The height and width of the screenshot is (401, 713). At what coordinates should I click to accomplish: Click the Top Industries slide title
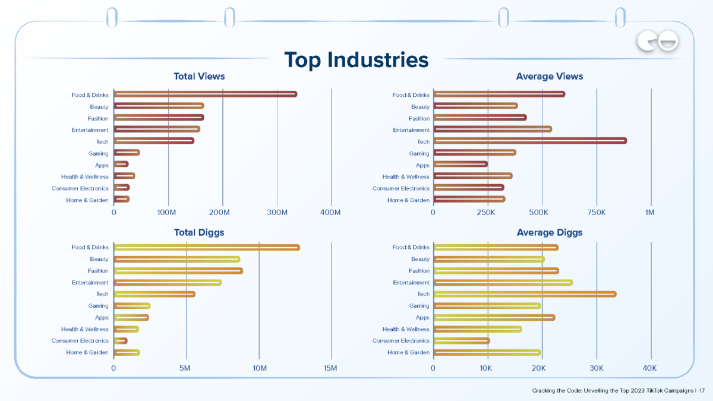click(356, 60)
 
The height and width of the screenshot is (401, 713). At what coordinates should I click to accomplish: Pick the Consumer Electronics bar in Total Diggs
click(121, 340)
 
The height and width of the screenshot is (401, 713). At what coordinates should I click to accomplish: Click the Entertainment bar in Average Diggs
click(503, 282)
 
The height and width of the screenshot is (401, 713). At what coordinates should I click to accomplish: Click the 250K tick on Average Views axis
click(487, 213)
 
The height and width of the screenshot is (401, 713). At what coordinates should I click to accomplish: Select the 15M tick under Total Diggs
click(330, 368)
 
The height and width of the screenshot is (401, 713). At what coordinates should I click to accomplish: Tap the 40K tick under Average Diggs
click(649, 368)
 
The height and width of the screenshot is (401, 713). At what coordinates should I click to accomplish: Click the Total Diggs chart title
click(199, 232)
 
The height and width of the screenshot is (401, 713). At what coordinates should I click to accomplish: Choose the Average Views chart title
click(550, 77)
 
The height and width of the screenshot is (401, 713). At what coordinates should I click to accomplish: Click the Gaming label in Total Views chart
click(99, 153)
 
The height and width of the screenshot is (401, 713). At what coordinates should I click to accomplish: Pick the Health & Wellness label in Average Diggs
click(405, 329)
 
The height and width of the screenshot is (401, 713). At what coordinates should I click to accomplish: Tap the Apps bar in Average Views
click(460, 165)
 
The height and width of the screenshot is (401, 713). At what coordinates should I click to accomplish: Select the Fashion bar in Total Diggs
click(178, 270)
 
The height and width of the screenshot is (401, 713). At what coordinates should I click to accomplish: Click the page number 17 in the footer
click(702, 391)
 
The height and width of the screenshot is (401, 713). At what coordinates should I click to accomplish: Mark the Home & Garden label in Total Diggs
click(87, 352)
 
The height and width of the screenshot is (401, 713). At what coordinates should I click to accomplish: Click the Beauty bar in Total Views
click(159, 106)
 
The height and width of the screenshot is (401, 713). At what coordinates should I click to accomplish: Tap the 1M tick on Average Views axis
click(649, 213)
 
